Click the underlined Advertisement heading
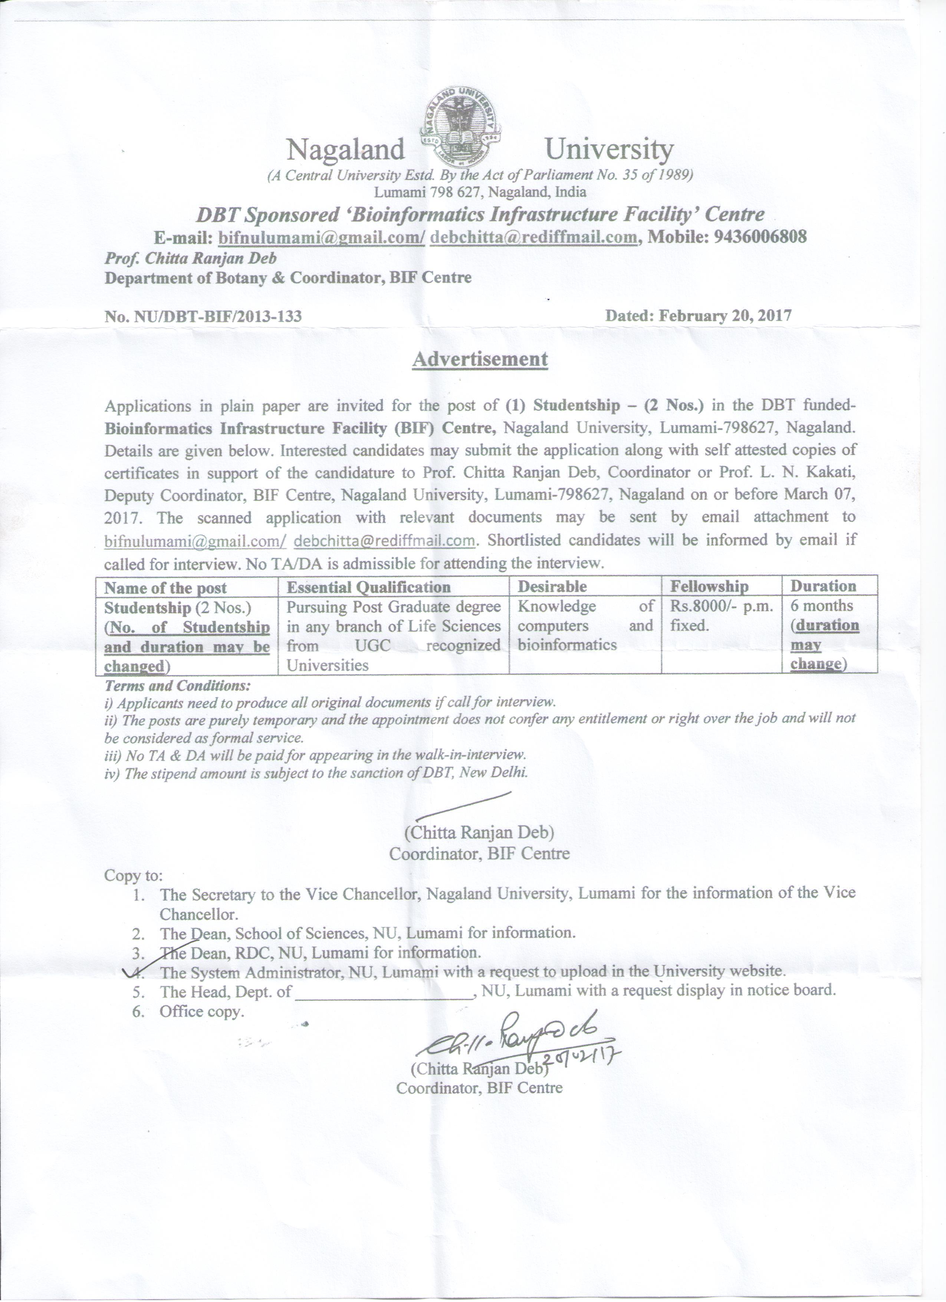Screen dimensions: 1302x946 [480, 359]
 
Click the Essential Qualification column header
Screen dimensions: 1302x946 [368, 587]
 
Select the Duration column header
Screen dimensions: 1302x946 [823, 586]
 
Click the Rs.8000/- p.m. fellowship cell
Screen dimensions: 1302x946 [720, 606]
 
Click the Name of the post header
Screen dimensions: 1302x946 [165, 588]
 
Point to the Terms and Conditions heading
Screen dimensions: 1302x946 [177, 686]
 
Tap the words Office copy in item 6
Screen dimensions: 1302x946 [201, 1012]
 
